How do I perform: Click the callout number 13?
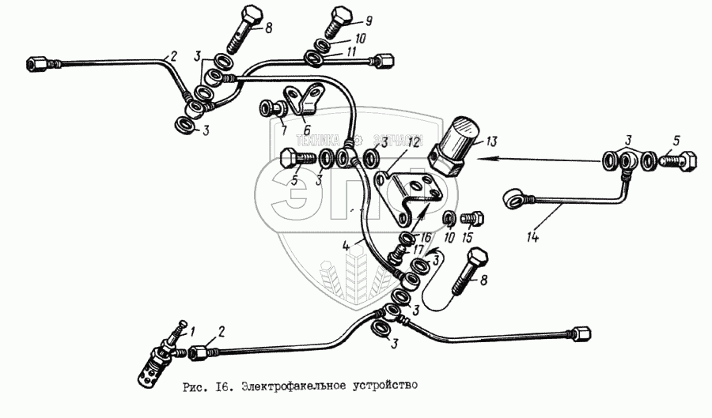[491, 141]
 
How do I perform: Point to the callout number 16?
[426, 236]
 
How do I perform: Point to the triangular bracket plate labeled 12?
[407, 190]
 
